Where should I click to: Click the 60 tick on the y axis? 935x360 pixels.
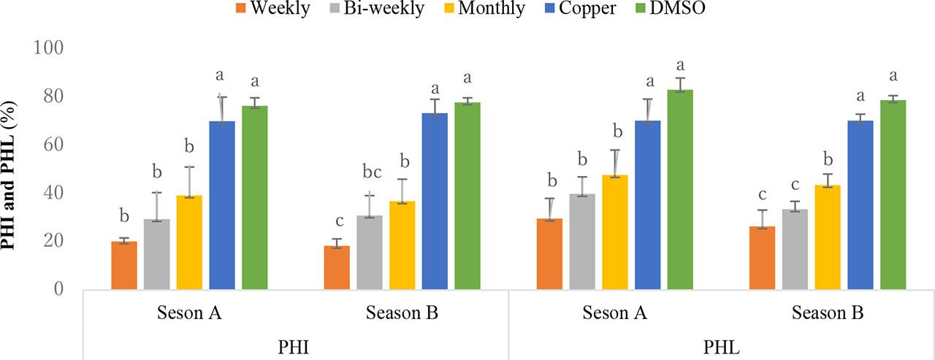click(x=54, y=145)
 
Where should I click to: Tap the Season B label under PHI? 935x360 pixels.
click(x=402, y=314)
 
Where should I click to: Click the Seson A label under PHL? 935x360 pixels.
click(x=615, y=314)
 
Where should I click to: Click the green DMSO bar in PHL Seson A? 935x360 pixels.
click(x=680, y=190)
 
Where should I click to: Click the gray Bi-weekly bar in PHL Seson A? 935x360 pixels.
click(x=582, y=242)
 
